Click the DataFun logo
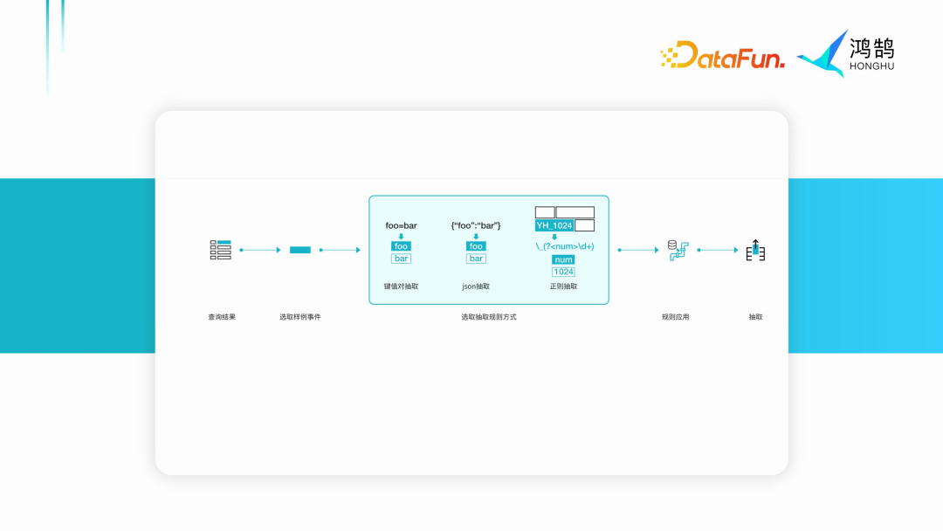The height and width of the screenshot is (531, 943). click(x=722, y=55)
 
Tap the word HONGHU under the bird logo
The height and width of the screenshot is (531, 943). click(x=871, y=66)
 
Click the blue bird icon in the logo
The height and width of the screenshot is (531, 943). click(x=823, y=53)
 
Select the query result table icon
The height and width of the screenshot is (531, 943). click(x=221, y=250)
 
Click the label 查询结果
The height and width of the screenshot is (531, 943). click(x=222, y=317)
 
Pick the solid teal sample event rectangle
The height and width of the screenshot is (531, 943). click(x=299, y=250)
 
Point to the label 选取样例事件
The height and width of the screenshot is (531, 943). click(x=299, y=317)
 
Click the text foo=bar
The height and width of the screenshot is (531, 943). click(x=401, y=226)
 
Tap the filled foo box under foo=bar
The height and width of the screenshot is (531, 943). click(x=401, y=246)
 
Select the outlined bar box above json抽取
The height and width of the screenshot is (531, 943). click(x=476, y=259)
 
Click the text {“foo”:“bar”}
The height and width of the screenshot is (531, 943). click(x=476, y=226)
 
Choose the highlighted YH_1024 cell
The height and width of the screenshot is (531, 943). click(x=554, y=225)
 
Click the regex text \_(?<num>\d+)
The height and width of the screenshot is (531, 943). click(x=564, y=246)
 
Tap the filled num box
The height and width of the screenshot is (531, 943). click(x=563, y=259)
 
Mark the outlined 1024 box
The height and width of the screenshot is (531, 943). click(x=563, y=272)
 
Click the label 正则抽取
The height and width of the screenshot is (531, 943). click(x=563, y=286)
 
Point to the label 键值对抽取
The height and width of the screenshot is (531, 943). click(x=401, y=286)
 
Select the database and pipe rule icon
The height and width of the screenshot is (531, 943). click(x=678, y=250)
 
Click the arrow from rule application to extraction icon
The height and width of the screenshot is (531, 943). click(x=718, y=250)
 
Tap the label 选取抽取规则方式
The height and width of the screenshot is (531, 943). click(x=489, y=317)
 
